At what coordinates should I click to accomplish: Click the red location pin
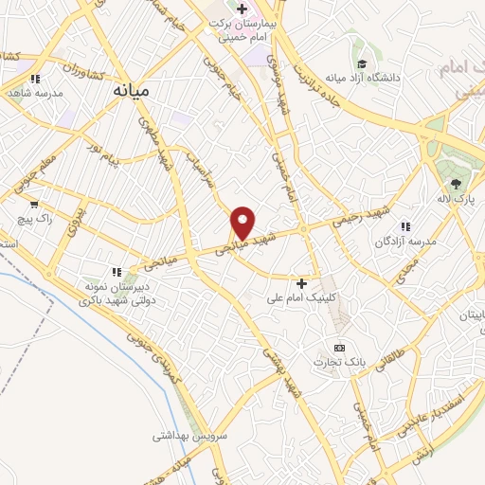coord(243,221)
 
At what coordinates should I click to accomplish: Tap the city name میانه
coord(132,91)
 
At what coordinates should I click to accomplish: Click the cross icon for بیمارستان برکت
coord(242,10)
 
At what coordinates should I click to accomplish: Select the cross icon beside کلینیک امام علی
coord(302,282)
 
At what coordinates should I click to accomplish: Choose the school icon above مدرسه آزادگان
coord(405,226)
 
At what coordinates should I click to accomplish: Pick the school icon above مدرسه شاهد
coord(35,79)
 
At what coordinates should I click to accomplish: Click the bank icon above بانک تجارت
coord(339,347)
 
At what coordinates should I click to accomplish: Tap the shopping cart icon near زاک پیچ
coord(34,203)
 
